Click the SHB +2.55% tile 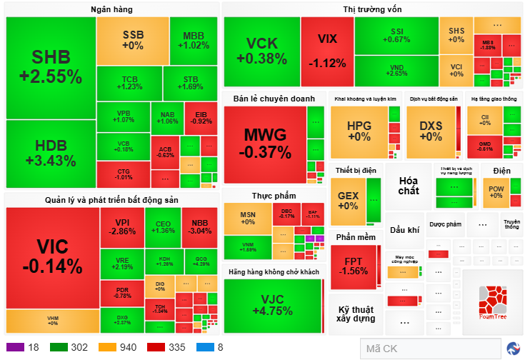click(51, 67)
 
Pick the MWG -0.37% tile click(264, 143)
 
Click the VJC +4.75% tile click(272, 304)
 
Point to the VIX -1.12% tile click(327, 47)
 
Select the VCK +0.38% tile click(261, 49)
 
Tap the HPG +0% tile click(359, 131)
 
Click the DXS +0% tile click(431, 131)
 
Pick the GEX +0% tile click(348, 200)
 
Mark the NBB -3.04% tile click(199, 226)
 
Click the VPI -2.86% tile click(122, 226)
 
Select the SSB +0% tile click(132, 40)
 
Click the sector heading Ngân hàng click(111, 9)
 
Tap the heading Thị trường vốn click(372, 9)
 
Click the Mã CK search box click(429, 349)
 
